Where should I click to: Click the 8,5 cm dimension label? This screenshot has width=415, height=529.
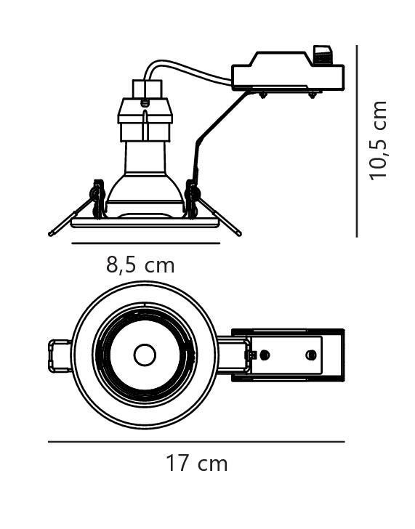(x=140, y=265)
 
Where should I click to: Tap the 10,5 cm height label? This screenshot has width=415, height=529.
(x=378, y=140)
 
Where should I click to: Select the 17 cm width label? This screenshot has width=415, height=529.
(x=197, y=463)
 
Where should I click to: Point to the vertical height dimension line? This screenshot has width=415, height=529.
(x=357, y=141)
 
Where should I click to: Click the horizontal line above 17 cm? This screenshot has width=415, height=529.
(x=196, y=441)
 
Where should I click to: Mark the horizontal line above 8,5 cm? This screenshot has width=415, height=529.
(x=146, y=243)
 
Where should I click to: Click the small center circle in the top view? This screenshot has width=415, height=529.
(x=145, y=355)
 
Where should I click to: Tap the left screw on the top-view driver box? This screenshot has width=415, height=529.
(x=265, y=355)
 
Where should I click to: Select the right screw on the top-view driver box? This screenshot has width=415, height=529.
(x=311, y=355)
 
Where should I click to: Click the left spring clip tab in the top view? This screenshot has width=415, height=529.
(x=60, y=356)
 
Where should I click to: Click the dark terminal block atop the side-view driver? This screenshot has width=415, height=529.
(x=323, y=54)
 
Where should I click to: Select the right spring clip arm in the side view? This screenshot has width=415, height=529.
(x=219, y=216)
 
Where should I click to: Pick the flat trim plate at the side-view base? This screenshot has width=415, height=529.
(x=145, y=222)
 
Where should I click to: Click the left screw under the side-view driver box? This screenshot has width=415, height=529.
(x=262, y=95)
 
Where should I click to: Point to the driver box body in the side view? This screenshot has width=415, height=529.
(x=288, y=76)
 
